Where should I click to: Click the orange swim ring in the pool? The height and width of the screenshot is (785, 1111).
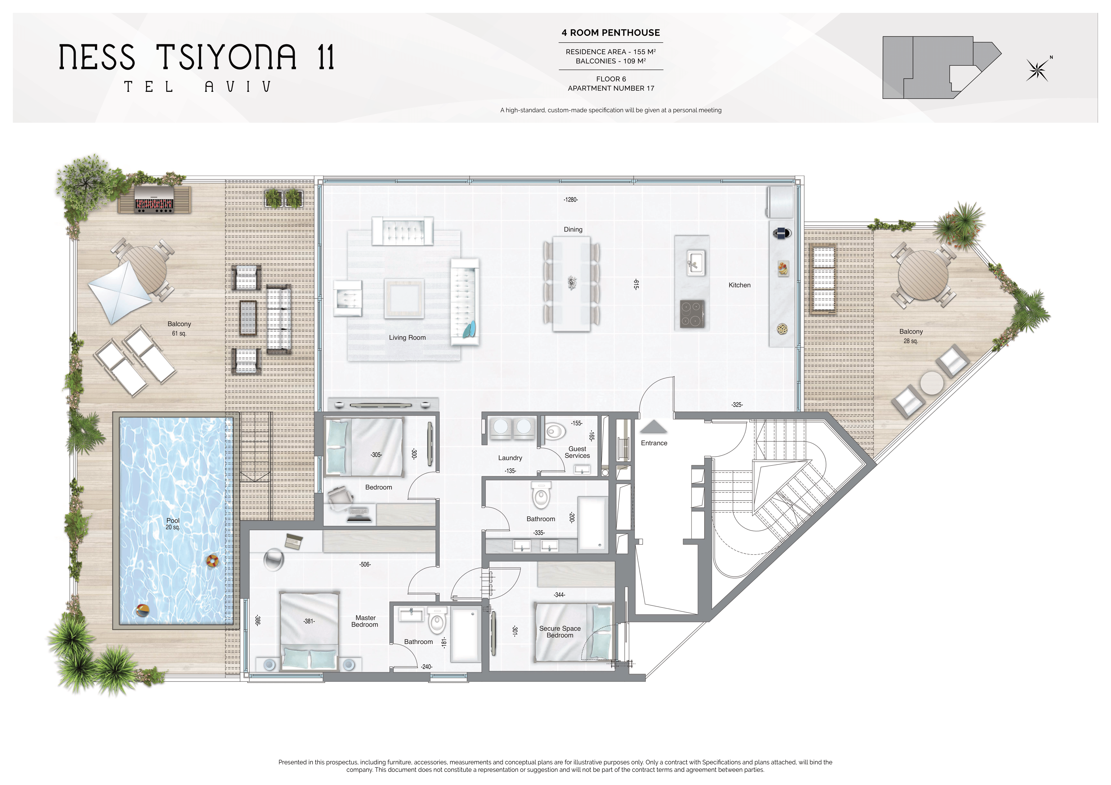(x=212, y=561)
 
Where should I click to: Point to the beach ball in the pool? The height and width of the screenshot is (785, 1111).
(x=142, y=610)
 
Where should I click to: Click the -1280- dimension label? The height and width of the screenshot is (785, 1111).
(x=571, y=200)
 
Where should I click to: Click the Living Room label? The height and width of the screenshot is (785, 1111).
(x=407, y=337)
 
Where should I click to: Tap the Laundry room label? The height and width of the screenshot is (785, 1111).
(x=510, y=458)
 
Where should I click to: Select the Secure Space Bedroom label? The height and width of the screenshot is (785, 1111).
(x=560, y=632)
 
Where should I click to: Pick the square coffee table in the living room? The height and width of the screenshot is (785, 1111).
(x=404, y=299)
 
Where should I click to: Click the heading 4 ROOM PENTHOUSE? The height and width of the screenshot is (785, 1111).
(x=611, y=33)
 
